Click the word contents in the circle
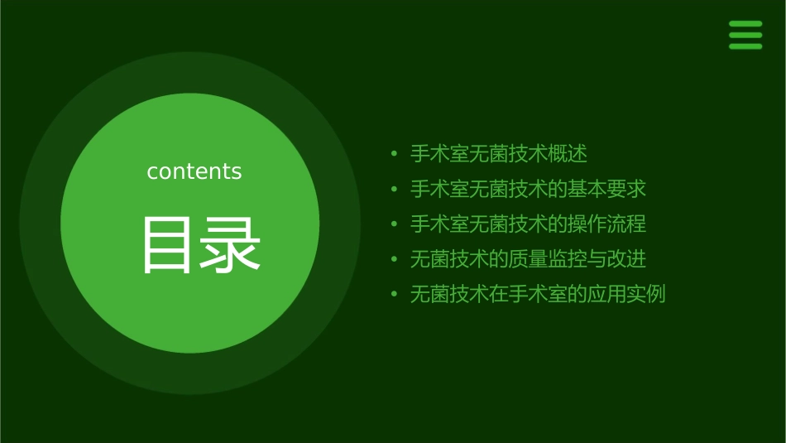(194, 171)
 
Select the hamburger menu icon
(745, 35)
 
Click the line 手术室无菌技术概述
(499, 154)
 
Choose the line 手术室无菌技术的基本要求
(528, 189)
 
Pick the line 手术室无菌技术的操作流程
(528, 224)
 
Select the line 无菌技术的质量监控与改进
(528, 259)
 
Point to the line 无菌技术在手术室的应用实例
(538, 294)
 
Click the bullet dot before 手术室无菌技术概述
(395, 155)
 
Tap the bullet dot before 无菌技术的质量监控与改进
(395, 260)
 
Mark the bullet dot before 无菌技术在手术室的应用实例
(395, 295)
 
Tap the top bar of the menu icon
(745, 24)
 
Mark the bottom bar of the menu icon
(745, 46)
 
